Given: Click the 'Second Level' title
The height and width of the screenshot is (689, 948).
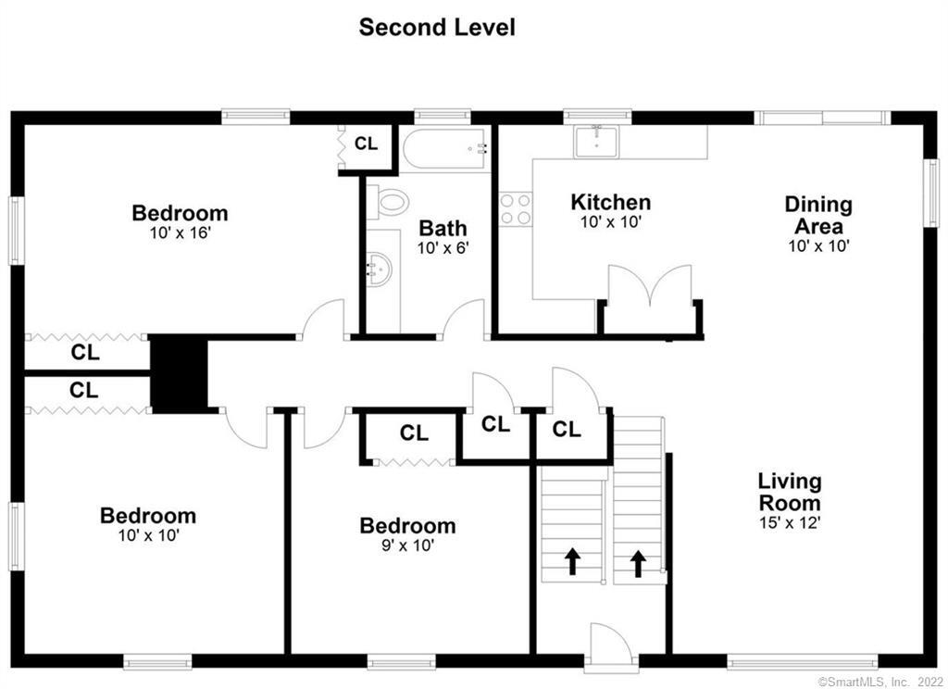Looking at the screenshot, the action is click(x=437, y=27).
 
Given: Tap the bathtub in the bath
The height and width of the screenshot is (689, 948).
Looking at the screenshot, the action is click(x=444, y=148).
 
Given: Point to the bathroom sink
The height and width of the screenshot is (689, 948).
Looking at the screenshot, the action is click(x=380, y=269).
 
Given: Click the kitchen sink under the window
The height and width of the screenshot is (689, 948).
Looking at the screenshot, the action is click(x=596, y=143).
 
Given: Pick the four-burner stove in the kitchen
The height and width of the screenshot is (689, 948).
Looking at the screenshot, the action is click(x=515, y=209).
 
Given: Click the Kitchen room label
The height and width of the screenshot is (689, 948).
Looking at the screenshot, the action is click(x=611, y=202).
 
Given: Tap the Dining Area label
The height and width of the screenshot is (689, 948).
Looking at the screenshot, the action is click(x=818, y=215).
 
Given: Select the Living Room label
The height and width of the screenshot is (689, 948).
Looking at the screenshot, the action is click(x=790, y=492).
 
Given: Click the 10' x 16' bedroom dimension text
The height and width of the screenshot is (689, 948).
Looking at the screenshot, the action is click(x=181, y=232).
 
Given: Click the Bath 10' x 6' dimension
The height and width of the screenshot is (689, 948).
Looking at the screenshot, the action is click(x=443, y=247).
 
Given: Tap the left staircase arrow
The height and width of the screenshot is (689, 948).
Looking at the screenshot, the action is click(x=572, y=561).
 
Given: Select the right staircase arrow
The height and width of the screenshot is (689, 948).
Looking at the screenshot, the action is click(x=638, y=563).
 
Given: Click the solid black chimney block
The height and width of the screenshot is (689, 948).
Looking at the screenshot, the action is click(x=179, y=374).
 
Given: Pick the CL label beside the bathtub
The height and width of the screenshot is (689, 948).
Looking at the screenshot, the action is click(x=366, y=144).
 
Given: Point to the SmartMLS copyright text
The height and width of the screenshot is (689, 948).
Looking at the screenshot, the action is click(x=879, y=682).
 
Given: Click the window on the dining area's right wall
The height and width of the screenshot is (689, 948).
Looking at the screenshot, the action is click(x=931, y=193).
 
